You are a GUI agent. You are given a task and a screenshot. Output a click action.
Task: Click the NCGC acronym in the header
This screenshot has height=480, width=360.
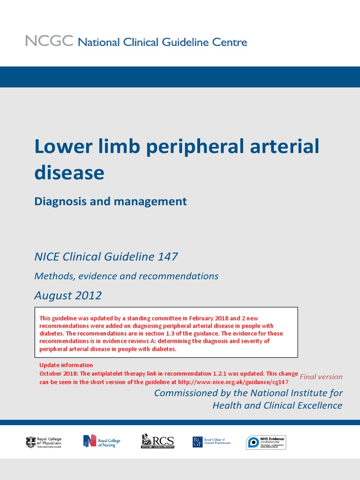click(49, 41)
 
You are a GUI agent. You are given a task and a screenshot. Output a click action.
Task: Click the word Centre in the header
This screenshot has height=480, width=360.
click(228, 42)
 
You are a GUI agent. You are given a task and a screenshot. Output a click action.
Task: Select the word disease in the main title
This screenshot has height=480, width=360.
click(69, 173)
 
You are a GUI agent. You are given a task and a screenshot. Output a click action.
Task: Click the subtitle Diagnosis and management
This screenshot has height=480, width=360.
click(111, 202)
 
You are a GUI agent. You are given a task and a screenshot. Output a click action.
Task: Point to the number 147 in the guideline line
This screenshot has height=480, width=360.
click(168, 257)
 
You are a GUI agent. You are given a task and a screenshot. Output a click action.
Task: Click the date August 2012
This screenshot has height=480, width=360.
click(68, 295)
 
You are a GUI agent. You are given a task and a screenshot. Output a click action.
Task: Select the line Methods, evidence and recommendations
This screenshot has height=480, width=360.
click(127, 276)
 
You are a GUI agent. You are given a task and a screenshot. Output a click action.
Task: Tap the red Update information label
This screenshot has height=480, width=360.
click(66, 365)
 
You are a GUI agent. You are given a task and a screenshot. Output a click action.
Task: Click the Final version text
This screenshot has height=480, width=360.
click(321, 376)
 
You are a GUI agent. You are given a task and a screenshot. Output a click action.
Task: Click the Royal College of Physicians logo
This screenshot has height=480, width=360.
click(44, 442)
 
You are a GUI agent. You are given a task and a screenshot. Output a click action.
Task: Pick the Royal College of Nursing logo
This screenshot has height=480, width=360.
click(102, 442)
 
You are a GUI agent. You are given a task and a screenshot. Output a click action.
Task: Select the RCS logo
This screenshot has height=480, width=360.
click(157, 442)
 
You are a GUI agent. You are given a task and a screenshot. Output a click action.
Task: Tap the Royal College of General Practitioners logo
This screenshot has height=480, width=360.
click(211, 442)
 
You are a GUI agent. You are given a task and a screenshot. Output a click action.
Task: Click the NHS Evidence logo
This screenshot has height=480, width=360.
click(266, 442)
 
